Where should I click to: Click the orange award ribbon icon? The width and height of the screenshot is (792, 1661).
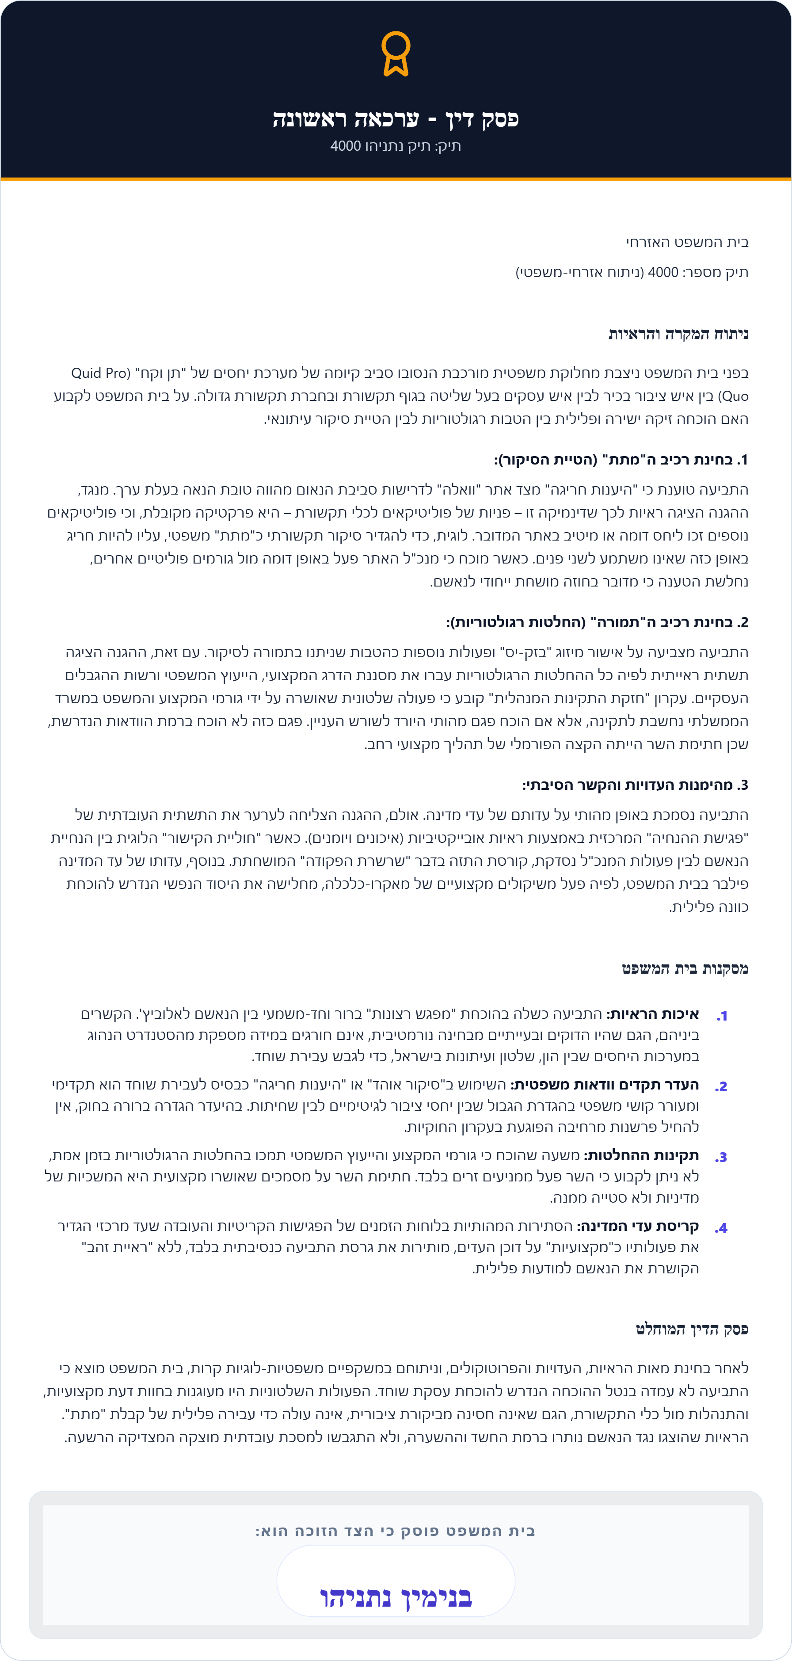[396, 53]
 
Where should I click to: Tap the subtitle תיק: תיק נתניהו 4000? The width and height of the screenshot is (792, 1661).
[396, 146]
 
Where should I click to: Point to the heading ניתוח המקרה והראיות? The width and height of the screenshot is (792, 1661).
[678, 334]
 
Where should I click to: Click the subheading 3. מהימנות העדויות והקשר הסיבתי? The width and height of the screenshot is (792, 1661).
[635, 785]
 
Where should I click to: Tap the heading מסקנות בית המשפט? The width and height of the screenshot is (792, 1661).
[685, 968]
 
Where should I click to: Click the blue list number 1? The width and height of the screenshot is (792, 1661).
[722, 1016]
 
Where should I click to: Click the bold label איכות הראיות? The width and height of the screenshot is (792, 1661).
[653, 1014]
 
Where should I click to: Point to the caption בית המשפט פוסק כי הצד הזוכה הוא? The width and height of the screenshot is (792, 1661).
[396, 1531]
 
